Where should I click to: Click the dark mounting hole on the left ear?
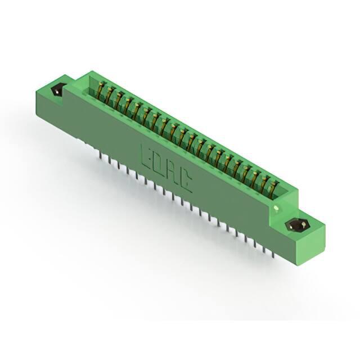tap(57, 91)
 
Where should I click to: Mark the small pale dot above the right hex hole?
tap(276, 208)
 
